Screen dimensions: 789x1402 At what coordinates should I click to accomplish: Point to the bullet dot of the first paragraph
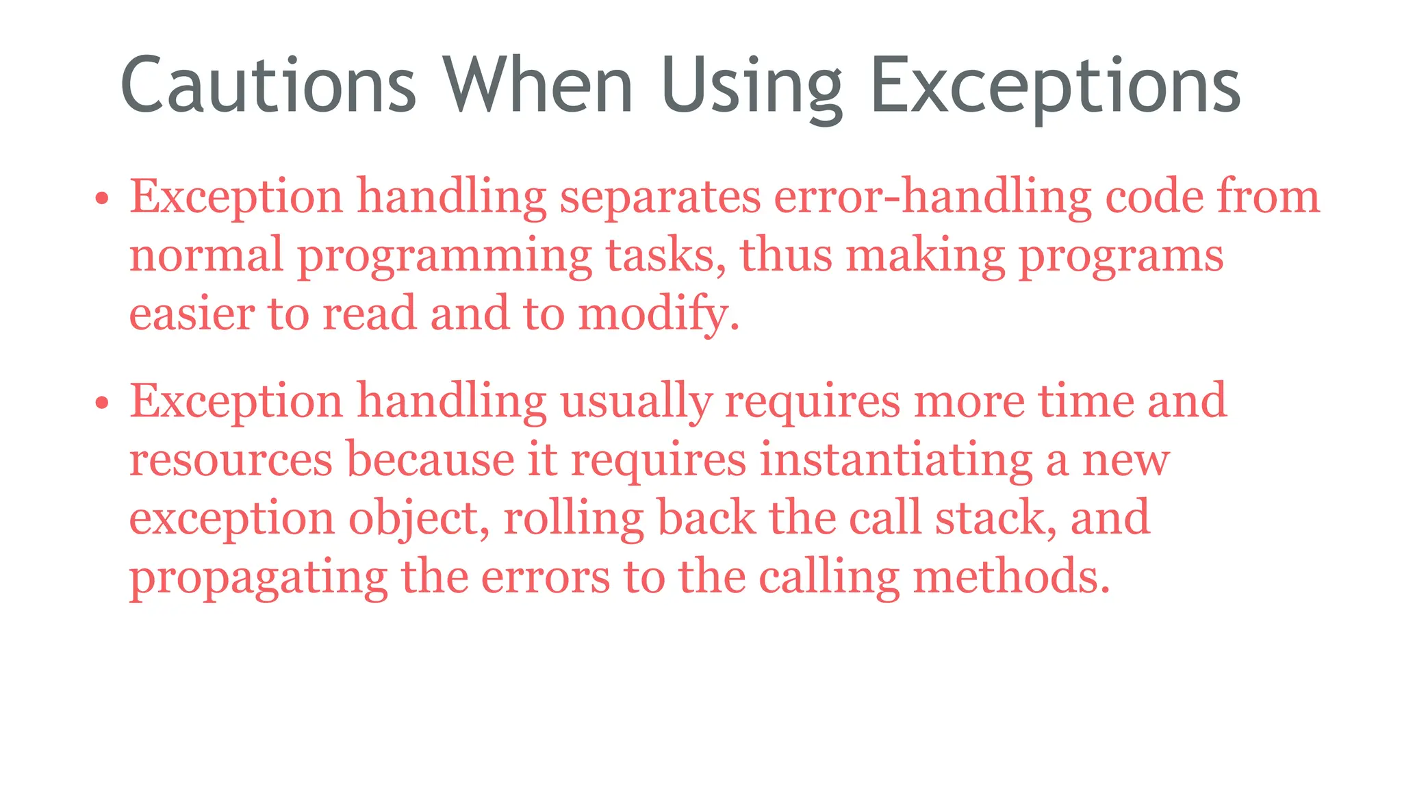coord(102,199)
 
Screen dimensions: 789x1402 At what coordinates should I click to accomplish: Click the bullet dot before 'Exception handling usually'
coord(102,403)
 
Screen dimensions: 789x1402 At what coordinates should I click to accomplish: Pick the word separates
coord(660,197)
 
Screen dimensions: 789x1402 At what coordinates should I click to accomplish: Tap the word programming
coord(444,256)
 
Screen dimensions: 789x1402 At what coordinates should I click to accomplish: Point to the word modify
coord(658,314)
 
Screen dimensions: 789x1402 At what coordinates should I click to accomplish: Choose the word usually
coord(636,401)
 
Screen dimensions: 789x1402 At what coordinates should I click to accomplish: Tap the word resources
coord(231,460)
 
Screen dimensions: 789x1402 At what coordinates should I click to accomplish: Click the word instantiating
coord(896,460)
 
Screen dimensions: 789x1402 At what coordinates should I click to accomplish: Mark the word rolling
coord(574,518)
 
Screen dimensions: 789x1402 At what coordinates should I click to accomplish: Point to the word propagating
coord(259,577)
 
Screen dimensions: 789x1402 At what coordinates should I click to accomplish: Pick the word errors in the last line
coord(545,577)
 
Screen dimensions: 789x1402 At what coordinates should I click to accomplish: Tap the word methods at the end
coord(1010,577)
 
